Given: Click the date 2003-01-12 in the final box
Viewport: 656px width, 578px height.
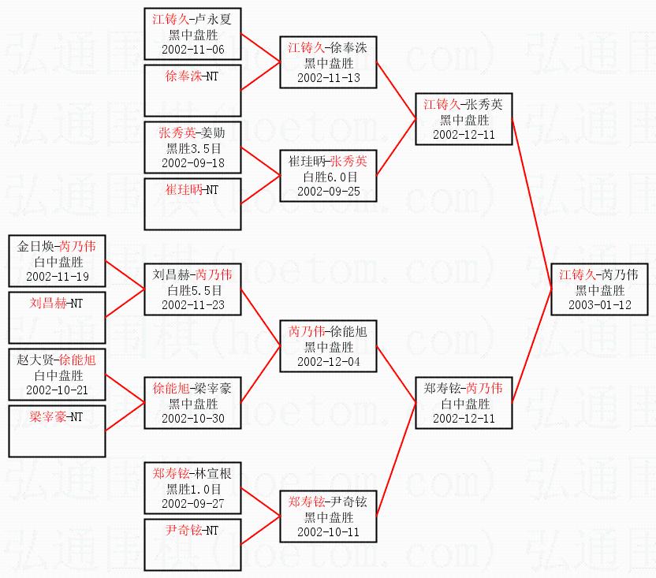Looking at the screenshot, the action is pyautogui.click(x=599, y=305).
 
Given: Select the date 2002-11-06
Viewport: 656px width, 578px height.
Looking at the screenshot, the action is pyautogui.click(x=193, y=50).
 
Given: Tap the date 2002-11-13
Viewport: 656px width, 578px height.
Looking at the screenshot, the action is pyautogui.click(x=329, y=78).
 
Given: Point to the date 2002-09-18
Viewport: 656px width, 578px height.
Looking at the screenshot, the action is pyautogui.click(x=193, y=162).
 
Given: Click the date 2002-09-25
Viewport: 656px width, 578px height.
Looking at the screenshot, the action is pyautogui.click(x=329, y=192).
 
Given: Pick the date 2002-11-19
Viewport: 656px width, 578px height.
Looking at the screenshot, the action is pyautogui.click(x=58, y=277).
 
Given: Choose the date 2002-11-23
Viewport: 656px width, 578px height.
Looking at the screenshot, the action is pyautogui.click(x=193, y=305).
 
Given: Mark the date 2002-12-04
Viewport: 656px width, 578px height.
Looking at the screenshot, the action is pyautogui.click(x=329, y=362).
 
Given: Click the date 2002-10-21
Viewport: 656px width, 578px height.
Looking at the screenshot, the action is pyautogui.click(x=58, y=390).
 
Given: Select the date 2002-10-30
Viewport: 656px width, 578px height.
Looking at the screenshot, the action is pyautogui.click(x=193, y=419).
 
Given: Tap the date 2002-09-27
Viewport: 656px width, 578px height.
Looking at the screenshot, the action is pyautogui.click(x=193, y=504).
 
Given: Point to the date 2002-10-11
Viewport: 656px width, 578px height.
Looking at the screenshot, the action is pyautogui.click(x=329, y=532).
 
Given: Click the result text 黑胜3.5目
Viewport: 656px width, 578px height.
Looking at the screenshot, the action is pyautogui.click(x=193, y=148).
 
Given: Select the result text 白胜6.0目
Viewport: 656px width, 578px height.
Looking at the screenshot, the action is pyautogui.click(x=329, y=177).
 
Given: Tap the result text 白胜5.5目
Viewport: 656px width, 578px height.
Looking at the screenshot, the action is pyautogui.click(x=193, y=290).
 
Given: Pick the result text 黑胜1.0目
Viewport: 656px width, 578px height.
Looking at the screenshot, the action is pyautogui.click(x=193, y=489).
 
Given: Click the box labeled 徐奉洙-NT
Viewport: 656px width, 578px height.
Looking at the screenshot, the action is pyautogui.click(x=192, y=91).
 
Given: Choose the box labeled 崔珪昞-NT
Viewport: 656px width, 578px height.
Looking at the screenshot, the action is pyautogui.click(x=192, y=204).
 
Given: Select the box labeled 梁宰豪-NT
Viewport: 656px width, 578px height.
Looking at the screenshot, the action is pyautogui.click(x=57, y=431).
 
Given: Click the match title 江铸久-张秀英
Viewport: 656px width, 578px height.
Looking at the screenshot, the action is pyautogui.click(x=463, y=104).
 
